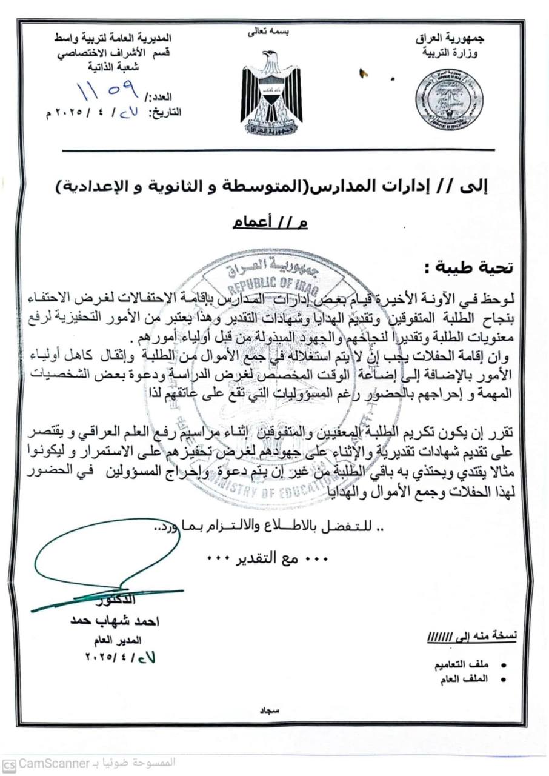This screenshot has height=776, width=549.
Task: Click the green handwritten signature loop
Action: [106, 555]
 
